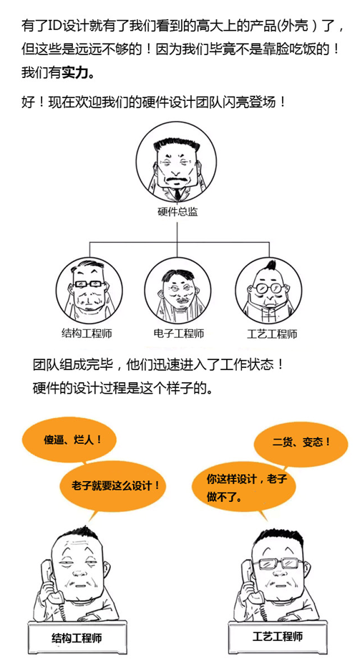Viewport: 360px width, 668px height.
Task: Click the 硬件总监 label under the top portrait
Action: coord(177,212)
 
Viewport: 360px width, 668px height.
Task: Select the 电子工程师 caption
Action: coord(178,333)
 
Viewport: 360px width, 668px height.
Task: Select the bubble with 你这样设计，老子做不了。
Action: coord(245,486)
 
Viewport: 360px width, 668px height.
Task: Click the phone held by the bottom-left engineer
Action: coord(52,584)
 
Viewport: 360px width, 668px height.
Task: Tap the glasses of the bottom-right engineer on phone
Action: coord(278,564)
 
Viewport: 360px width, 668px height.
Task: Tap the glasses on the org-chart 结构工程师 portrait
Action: coord(88,284)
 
